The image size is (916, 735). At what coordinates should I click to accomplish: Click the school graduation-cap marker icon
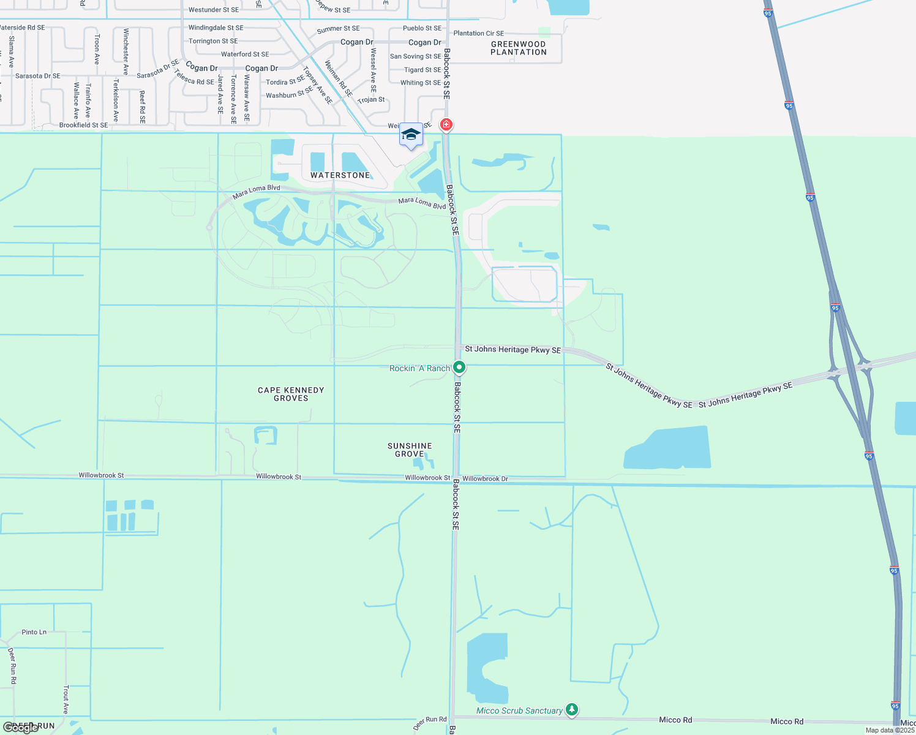click(x=411, y=135)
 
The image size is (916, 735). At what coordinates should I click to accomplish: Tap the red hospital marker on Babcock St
click(x=446, y=125)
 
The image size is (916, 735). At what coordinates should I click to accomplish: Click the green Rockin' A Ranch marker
click(x=459, y=367)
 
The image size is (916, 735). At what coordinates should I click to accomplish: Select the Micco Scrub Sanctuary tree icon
click(x=571, y=709)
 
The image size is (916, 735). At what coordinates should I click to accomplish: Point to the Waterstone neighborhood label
click(x=340, y=175)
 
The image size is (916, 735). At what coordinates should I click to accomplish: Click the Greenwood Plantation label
click(x=518, y=48)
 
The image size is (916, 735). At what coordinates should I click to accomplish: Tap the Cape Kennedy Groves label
click(x=291, y=394)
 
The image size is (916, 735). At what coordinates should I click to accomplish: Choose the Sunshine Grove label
click(x=410, y=450)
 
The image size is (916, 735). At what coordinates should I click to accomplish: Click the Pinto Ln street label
click(x=34, y=632)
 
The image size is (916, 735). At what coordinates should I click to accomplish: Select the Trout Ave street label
click(x=66, y=699)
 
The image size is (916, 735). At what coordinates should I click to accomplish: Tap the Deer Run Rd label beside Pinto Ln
click(x=12, y=665)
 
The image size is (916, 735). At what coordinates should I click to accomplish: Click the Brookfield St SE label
click(x=83, y=125)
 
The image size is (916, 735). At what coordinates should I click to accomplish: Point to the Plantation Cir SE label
click(x=478, y=33)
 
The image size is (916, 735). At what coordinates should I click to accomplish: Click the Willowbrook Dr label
click(x=485, y=478)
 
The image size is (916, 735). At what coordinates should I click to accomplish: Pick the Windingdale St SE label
click(x=216, y=28)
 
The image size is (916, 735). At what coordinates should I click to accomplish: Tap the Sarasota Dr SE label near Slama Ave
click(x=38, y=76)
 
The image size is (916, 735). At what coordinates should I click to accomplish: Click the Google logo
click(x=20, y=728)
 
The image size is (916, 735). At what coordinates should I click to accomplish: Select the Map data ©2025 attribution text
click(x=890, y=730)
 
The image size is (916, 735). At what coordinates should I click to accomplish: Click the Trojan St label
click(x=371, y=99)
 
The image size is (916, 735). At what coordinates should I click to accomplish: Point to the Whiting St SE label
click(x=420, y=83)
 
